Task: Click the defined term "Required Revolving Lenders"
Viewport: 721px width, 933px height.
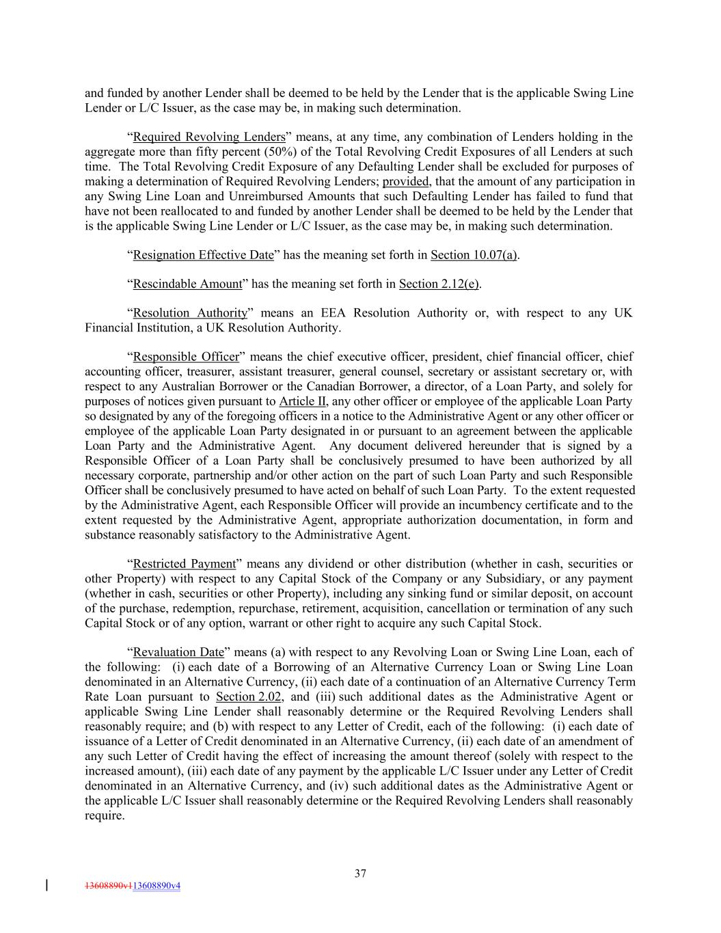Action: click(x=208, y=137)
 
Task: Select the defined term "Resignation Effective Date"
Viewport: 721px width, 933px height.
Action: click(x=203, y=255)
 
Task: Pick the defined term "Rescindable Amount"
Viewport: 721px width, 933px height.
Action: click(x=187, y=284)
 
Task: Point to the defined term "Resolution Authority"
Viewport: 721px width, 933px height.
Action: click(x=189, y=313)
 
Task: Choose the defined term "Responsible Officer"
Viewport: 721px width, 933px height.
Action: click(x=186, y=357)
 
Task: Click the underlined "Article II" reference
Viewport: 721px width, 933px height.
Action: click(x=302, y=401)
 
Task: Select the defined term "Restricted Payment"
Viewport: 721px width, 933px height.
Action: click(x=184, y=564)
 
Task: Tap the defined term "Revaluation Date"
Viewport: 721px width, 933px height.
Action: click(x=178, y=652)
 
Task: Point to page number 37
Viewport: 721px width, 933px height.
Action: click(x=361, y=873)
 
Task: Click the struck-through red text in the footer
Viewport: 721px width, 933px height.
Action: click(x=108, y=886)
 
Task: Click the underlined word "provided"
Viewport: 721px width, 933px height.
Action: click(x=405, y=181)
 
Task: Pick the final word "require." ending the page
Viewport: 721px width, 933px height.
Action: click(x=105, y=815)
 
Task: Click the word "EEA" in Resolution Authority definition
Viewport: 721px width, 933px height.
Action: click(x=334, y=313)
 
